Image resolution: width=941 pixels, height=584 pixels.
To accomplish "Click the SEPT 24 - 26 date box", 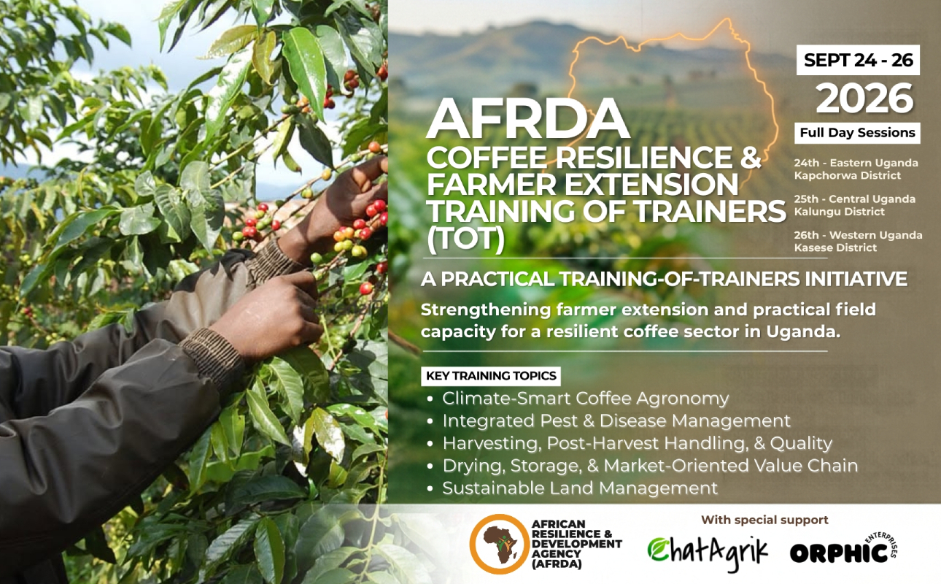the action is [858, 60].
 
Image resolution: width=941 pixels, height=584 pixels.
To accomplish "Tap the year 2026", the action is [864, 99].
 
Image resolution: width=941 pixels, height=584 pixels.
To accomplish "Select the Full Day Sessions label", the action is [857, 133].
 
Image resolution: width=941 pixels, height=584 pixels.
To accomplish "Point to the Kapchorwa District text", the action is [848, 175].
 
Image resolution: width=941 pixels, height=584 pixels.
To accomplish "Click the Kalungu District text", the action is [840, 212].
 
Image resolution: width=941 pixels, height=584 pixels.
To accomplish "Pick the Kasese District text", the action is [835, 247].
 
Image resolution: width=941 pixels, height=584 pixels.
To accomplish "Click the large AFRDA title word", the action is [528, 118].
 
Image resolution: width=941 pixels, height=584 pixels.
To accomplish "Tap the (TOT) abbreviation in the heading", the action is [465, 237].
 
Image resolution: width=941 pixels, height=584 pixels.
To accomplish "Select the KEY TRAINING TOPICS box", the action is [491, 375].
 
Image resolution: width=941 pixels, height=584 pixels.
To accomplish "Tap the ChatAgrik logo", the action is [708, 552].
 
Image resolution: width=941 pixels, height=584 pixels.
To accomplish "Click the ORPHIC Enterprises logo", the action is [843, 549].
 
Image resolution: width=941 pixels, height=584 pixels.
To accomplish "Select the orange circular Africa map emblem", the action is [500, 544].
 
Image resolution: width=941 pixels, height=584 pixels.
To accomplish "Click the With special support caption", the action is [764, 520].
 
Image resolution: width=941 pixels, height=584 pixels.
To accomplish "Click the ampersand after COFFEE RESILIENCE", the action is [749, 158].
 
